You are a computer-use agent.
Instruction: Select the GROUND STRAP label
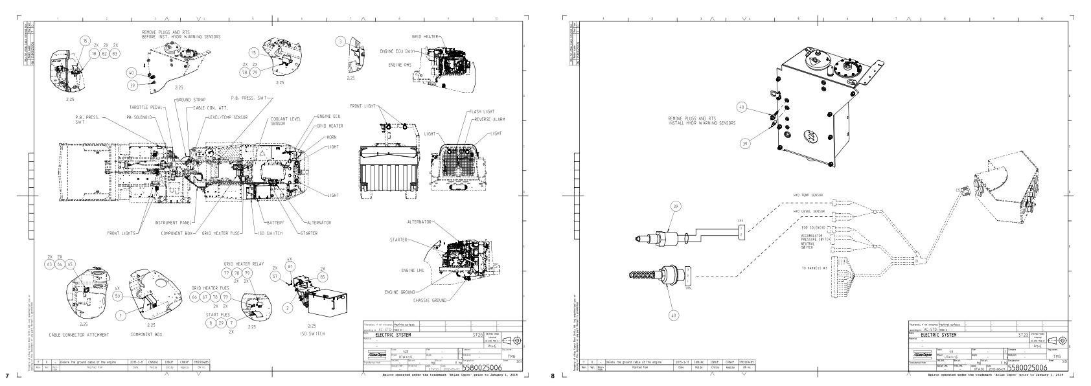point(190,100)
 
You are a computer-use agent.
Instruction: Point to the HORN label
point(331,137)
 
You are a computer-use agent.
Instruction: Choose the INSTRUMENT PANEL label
point(170,223)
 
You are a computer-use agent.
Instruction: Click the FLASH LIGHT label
point(482,112)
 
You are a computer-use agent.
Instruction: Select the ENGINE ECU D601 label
point(396,51)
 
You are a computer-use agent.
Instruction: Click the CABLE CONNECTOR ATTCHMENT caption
point(79,335)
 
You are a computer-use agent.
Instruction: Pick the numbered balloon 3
point(341,41)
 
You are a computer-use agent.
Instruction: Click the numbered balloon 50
point(117,295)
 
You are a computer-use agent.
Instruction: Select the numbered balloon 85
point(323,277)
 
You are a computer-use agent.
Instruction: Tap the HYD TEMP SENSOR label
point(808,195)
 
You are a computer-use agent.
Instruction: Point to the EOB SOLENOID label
point(812,228)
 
